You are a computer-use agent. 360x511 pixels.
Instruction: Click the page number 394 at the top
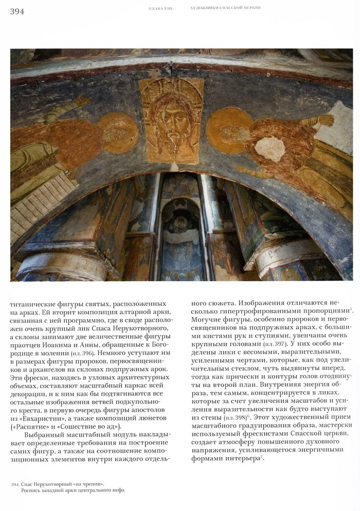(17, 11)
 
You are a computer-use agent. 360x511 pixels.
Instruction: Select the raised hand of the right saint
(325, 122)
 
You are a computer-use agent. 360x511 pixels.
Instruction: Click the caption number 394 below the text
(15, 484)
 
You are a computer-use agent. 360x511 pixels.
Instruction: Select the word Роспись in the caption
(32, 490)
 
